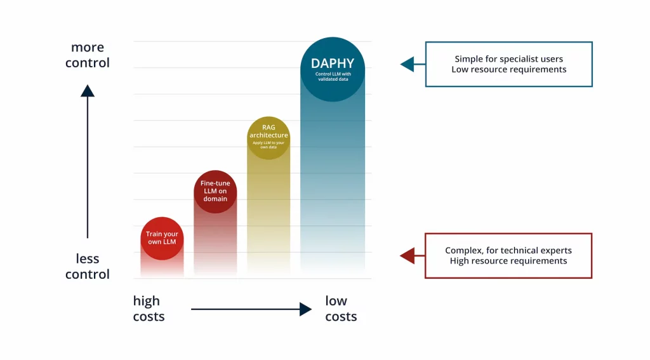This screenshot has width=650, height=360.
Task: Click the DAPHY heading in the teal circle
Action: [333, 63]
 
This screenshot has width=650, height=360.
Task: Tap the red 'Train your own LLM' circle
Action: [162, 238]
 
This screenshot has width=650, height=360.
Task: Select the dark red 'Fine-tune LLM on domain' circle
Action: [215, 191]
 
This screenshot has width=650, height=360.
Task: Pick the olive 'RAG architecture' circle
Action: [269, 138]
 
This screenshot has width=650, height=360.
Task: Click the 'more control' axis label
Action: [88, 55]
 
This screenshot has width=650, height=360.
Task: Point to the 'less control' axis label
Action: [88, 267]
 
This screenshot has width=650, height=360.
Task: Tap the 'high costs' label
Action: [149, 309]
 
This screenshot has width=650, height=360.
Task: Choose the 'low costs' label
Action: [341, 309]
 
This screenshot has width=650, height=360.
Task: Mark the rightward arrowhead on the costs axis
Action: [305, 309]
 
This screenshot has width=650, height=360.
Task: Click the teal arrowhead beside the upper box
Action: [407, 64]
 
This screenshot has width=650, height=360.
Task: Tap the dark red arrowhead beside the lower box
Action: [407, 255]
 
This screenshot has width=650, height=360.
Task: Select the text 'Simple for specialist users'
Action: [508, 59]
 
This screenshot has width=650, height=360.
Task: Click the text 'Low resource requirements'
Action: [508, 70]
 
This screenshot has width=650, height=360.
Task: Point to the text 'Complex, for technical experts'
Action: [508, 250]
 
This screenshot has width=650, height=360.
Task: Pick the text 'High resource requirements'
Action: [508, 261]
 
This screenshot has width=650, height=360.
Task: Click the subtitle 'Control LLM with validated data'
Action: [333, 76]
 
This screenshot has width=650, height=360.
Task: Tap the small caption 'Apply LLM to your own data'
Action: [269, 145]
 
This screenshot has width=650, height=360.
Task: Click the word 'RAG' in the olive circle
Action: [269, 127]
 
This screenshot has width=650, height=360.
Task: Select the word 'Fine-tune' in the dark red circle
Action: [215, 183]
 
